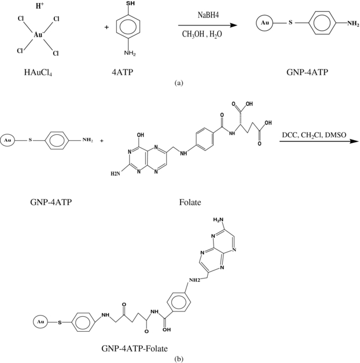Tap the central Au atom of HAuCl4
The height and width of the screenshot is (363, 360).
pyautogui.click(x=38, y=35)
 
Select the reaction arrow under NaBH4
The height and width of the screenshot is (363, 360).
pyautogui.click(x=208, y=25)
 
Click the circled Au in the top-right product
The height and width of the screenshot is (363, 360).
pyautogui.click(x=264, y=24)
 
